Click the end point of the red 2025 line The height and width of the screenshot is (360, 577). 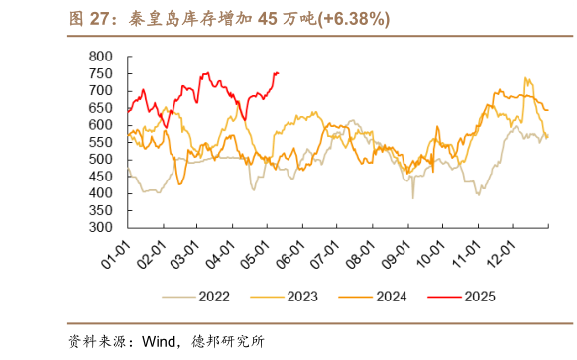click(278, 72)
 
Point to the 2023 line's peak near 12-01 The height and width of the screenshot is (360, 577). click(525, 78)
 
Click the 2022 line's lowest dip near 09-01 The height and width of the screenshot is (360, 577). click(413, 198)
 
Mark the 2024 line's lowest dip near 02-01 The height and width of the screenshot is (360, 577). click(179, 184)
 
